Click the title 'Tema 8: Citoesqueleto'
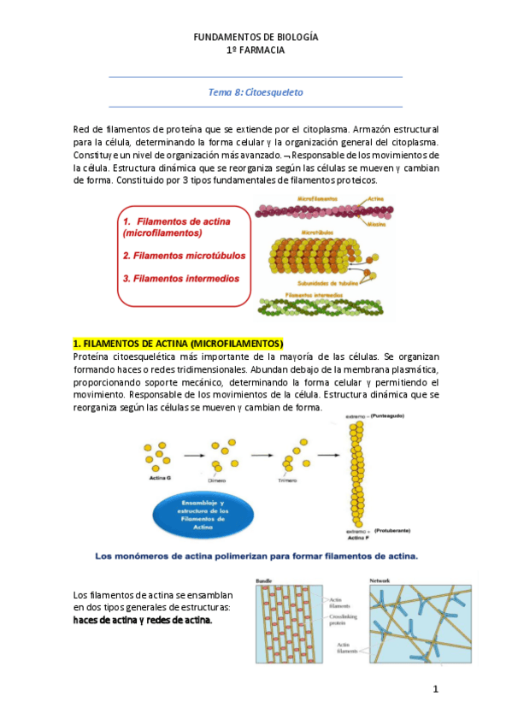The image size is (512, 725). [x=256, y=91]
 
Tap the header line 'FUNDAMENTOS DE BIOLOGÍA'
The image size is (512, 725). [x=256, y=38]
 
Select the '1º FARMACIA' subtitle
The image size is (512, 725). [x=256, y=50]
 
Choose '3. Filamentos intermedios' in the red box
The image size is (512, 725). [x=180, y=278]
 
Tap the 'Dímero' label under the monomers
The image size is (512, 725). [x=220, y=480]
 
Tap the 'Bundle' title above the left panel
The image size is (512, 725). [x=264, y=581]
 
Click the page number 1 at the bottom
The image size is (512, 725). [x=435, y=689]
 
